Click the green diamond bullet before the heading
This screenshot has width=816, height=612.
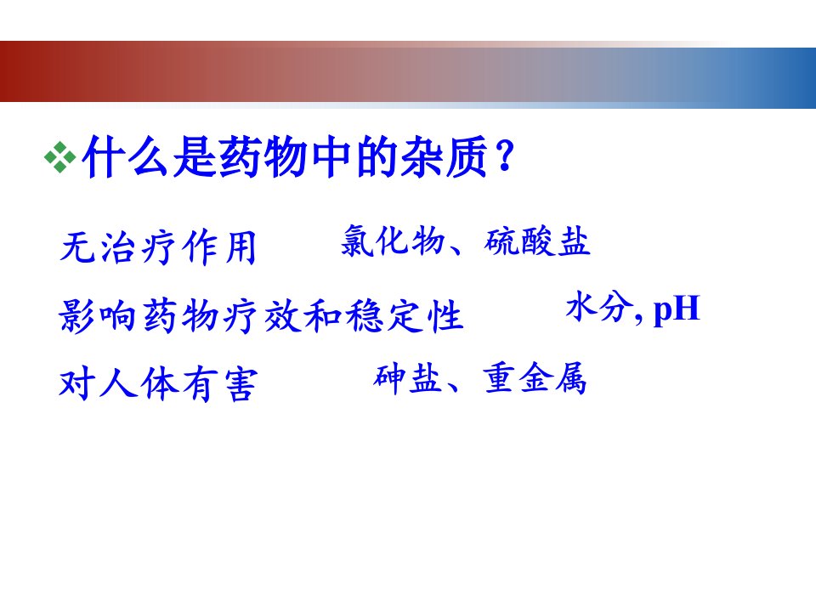tap(60, 157)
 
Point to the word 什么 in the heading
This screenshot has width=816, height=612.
tap(126, 156)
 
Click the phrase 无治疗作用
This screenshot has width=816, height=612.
tap(158, 247)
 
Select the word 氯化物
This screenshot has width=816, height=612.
tap(394, 241)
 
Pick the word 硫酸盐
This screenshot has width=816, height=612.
tap(537, 241)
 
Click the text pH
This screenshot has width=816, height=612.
tap(677, 309)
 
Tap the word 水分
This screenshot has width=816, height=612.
tap(598, 307)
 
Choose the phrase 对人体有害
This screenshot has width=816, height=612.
tap(158, 384)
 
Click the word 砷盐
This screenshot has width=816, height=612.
tap(407, 377)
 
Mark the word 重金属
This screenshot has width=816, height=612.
tap(535, 377)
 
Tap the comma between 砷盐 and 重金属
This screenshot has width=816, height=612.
tap(451, 386)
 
